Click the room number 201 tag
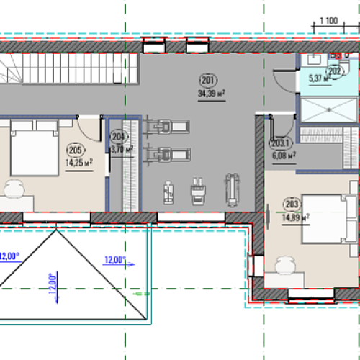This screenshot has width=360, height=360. pyautogui.click(x=208, y=80)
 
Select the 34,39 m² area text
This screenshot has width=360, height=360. pyautogui.click(x=212, y=94)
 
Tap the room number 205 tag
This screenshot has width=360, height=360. pyautogui.click(x=76, y=150)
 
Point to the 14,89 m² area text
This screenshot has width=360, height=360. pyautogui.click(x=295, y=217)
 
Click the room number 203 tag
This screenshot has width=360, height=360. pyautogui.click(x=292, y=204)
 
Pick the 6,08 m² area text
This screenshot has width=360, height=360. pyautogui.click(x=284, y=156)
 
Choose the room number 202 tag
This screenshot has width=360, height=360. pyautogui.click(x=335, y=71)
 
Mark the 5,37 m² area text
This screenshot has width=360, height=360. pyautogui.click(x=320, y=78)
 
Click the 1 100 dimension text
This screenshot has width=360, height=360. pyautogui.click(x=329, y=21)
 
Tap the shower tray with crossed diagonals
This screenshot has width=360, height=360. pyautogui.click(x=329, y=110)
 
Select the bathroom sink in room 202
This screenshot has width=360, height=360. pyautogui.click(x=315, y=60)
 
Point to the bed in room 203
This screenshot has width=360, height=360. pyautogui.click(x=329, y=219)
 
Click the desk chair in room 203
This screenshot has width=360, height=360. pyautogui.click(x=285, y=264)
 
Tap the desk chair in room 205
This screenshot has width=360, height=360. pyautogui.click(x=14, y=189)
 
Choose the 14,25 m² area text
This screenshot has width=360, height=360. pyautogui.click(x=79, y=163)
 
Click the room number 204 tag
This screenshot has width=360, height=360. pyautogui.click(x=119, y=137)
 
